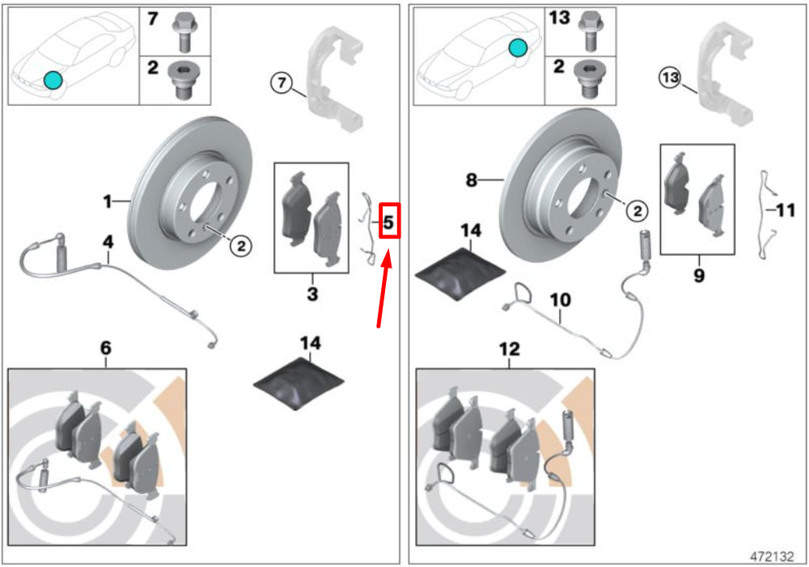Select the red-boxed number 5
(x=388, y=221)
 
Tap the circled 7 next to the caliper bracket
(x=282, y=83)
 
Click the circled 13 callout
(x=669, y=78)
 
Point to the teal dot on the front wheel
(x=52, y=78)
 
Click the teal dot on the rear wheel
(x=518, y=49)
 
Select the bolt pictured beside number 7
(x=182, y=32)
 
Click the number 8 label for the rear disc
(x=472, y=181)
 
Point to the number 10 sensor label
(x=560, y=300)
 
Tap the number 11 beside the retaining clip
(x=786, y=210)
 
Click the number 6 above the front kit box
(x=105, y=348)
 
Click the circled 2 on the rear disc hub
(x=637, y=211)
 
